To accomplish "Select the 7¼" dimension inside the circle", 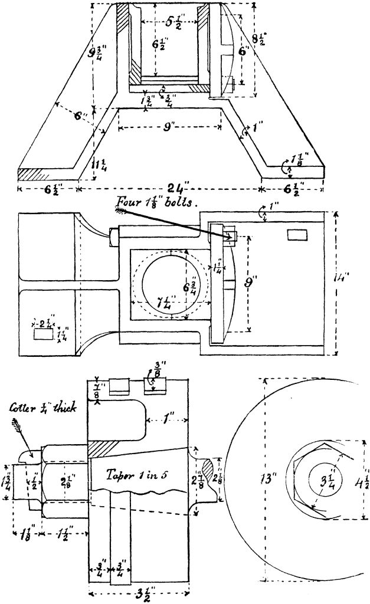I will pyautogui.click(x=153, y=306).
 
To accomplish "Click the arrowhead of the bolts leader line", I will pyautogui.click(x=228, y=235).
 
